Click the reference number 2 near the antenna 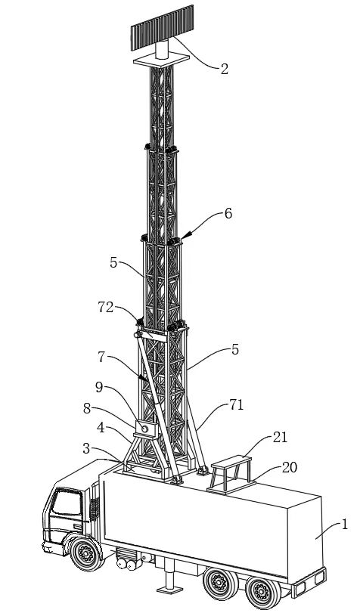click(x=224, y=70)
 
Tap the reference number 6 click(x=228, y=213)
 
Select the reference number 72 click(x=106, y=308)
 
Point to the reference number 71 click(x=237, y=405)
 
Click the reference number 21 click(x=280, y=437)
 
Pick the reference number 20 click(x=289, y=467)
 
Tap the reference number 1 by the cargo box click(x=344, y=525)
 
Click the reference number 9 click(x=99, y=387)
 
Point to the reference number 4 click(x=101, y=428)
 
